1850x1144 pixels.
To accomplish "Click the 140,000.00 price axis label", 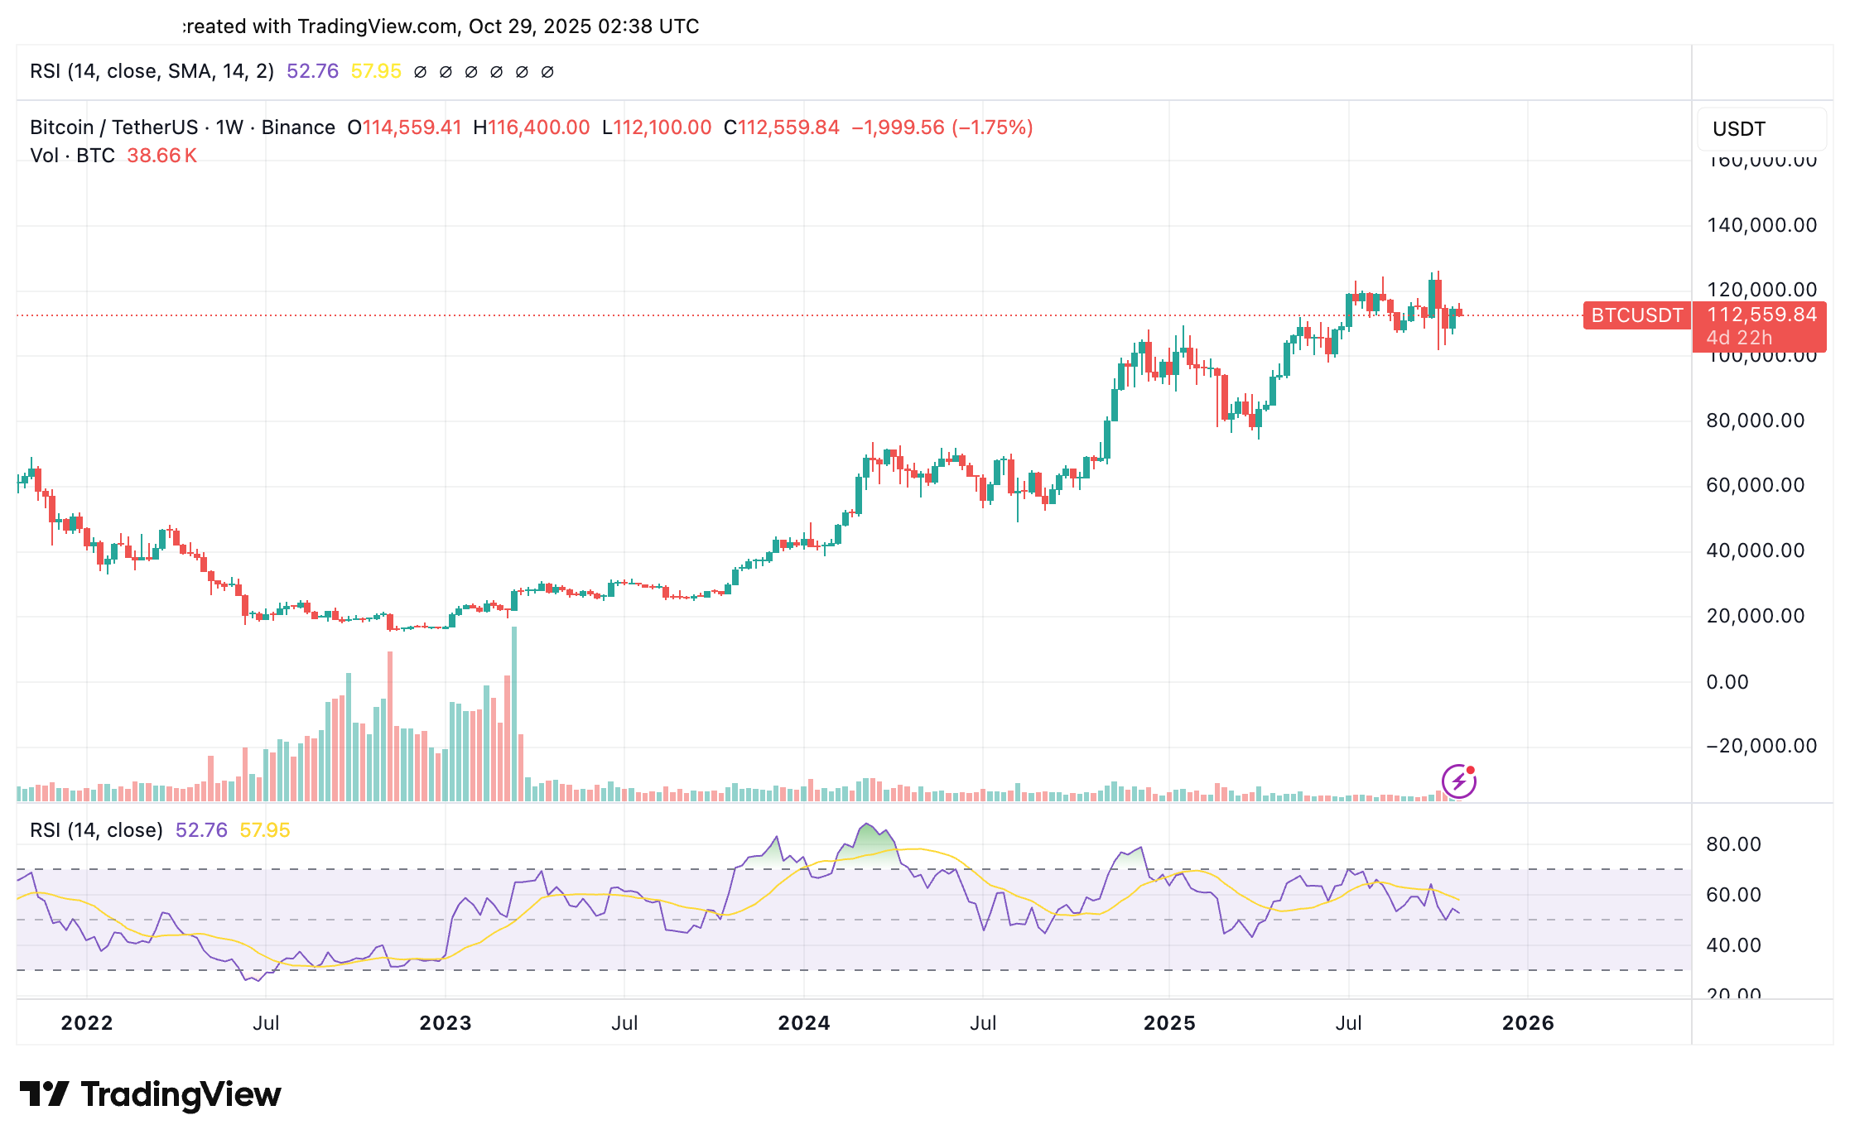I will tap(1761, 225).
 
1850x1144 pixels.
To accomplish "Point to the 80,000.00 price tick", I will tap(1755, 421).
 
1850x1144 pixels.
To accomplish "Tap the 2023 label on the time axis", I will tap(445, 1023).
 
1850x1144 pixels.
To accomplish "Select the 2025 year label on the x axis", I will tap(1168, 1023).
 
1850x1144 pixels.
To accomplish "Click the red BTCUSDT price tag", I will tap(1636, 315).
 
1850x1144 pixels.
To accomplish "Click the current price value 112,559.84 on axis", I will tap(1761, 315).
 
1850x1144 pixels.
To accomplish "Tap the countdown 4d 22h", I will tap(1738, 338).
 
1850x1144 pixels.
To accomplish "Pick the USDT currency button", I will tap(1738, 129).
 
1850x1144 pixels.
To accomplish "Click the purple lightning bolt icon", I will tap(1458, 781).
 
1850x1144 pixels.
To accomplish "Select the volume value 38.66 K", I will tap(161, 156).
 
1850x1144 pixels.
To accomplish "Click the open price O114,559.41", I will tap(404, 127).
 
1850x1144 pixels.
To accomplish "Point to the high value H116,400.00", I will tap(531, 127).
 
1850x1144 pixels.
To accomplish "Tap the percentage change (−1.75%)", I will tap(992, 127).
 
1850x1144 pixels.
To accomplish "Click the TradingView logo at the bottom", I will tap(151, 1094).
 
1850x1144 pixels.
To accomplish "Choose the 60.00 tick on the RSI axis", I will tap(1733, 895).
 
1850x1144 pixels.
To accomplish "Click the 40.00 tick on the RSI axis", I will tap(1733, 945).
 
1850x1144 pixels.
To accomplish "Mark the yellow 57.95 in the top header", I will tap(376, 71).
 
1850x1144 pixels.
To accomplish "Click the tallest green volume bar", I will tap(514, 712).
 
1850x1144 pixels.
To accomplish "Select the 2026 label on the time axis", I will tap(1528, 1023).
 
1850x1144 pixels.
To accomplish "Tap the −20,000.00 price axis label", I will tap(1761, 746).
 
